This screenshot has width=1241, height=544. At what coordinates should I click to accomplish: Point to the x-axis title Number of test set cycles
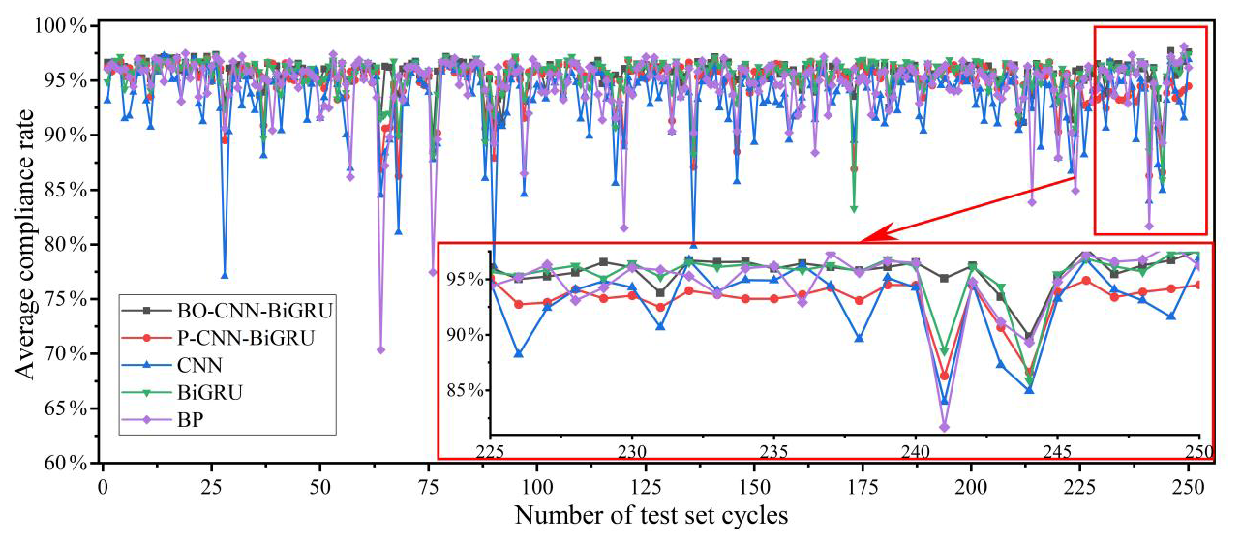651,515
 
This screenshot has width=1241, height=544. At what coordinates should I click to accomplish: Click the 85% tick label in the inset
463,390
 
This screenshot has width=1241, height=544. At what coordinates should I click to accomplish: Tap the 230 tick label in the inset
632,451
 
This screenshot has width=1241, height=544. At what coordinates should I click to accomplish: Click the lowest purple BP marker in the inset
944,427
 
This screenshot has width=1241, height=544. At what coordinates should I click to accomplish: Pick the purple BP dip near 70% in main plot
380,349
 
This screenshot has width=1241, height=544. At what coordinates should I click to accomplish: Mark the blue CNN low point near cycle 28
225,276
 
